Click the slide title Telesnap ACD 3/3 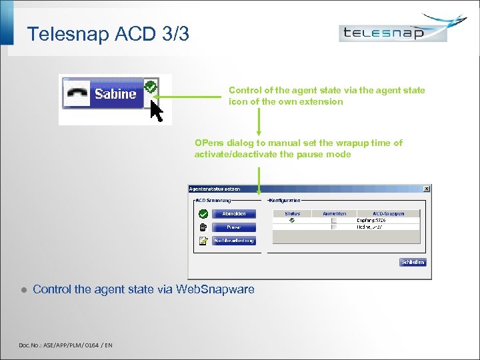[108, 33]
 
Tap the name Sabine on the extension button [115, 94]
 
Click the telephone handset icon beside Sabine [79, 95]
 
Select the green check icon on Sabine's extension [151, 87]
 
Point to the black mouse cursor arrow [157, 111]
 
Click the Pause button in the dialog [234, 227]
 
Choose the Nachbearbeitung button [234, 241]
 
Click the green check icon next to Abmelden [203, 214]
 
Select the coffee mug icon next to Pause [203, 227]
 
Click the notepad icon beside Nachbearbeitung [203, 241]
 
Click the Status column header [292, 213]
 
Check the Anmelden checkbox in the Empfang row [334, 220]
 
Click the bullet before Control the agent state [23, 290]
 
